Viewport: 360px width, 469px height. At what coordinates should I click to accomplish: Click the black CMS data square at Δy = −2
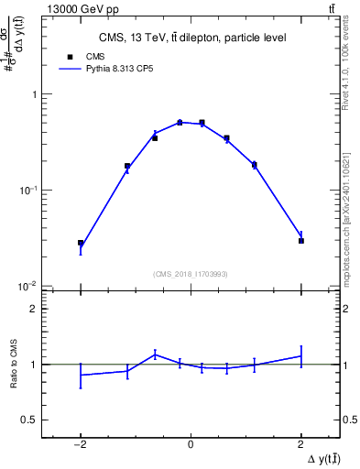tap(81, 244)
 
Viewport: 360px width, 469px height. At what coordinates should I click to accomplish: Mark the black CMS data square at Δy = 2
tap(301, 241)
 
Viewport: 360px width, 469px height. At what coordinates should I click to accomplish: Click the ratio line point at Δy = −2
tap(81, 375)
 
